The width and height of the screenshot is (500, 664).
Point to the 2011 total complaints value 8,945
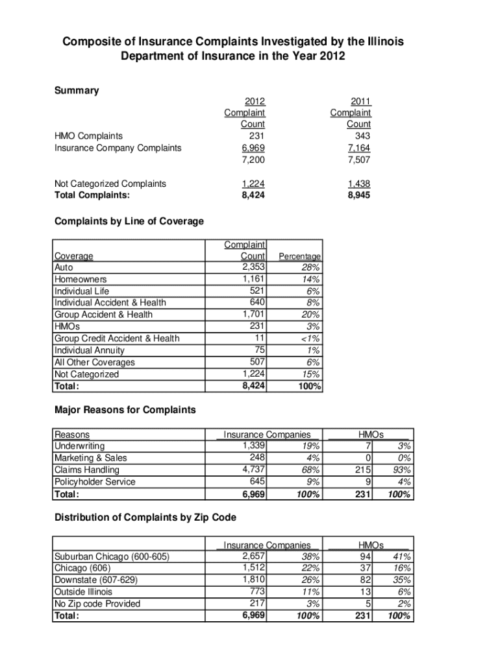click(x=358, y=195)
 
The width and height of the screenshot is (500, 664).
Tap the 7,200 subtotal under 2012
click(x=253, y=160)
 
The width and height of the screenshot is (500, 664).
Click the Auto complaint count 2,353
click(x=253, y=267)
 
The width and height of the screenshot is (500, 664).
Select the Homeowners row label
click(x=81, y=279)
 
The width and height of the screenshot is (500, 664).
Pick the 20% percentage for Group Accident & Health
click(x=310, y=315)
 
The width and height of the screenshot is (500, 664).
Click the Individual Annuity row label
click(x=89, y=351)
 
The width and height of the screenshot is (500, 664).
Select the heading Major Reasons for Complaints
click(x=124, y=410)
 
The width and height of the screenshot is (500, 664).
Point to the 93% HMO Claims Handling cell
click(x=401, y=470)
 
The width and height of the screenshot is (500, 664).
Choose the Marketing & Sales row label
click(x=91, y=458)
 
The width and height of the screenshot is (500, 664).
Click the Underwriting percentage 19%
click(x=310, y=446)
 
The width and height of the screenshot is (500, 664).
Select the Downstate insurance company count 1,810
click(x=253, y=580)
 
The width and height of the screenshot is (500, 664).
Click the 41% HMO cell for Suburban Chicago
click(x=401, y=556)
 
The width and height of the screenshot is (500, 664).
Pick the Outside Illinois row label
click(x=83, y=592)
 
